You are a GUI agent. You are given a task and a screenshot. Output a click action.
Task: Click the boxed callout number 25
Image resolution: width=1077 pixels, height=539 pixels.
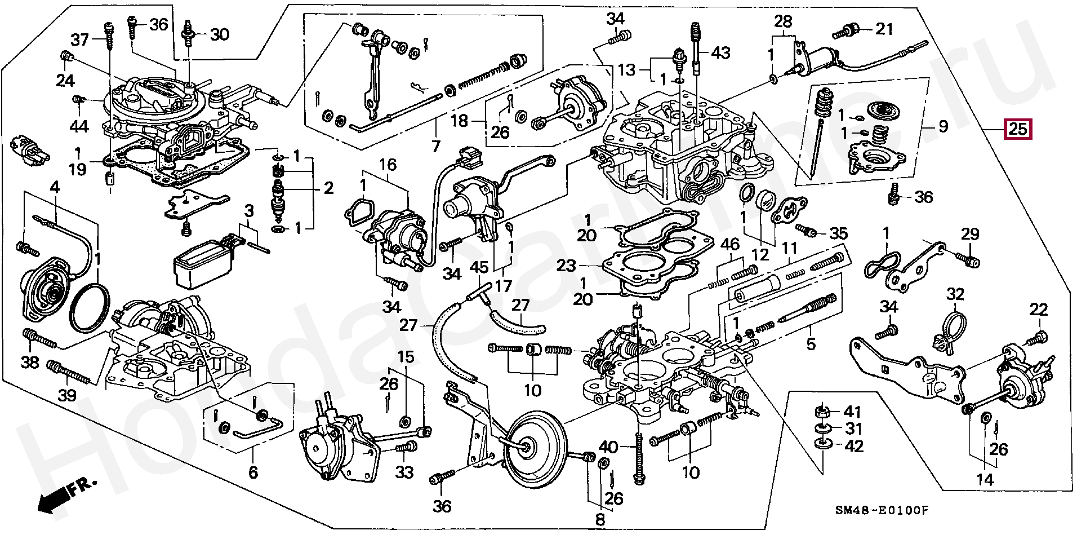click(x=1018, y=130)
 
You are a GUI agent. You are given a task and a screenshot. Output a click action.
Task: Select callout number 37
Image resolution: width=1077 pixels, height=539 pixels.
click(x=79, y=39)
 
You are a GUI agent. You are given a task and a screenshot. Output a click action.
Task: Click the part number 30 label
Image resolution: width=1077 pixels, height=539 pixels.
click(x=220, y=34)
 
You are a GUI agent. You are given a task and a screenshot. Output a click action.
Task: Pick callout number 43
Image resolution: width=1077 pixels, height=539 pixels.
click(x=720, y=53)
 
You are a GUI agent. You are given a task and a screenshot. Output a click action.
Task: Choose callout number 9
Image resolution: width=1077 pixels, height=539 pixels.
click(x=943, y=127)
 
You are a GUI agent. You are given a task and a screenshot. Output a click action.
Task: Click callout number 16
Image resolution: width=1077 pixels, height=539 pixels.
click(x=388, y=165)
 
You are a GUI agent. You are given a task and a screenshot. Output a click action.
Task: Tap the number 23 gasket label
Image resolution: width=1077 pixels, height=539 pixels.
click(x=568, y=266)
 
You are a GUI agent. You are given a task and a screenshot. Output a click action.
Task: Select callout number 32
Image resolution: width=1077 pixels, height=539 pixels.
click(x=955, y=294)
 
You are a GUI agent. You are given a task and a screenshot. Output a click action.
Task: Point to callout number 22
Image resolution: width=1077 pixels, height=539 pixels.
click(x=1039, y=309)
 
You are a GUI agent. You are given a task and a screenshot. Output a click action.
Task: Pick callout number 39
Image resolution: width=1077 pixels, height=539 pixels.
click(x=67, y=395)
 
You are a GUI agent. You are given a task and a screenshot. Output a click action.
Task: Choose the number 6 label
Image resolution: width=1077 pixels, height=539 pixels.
click(x=253, y=472)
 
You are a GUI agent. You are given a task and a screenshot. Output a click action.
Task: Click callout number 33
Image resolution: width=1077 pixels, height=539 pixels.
click(x=404, y=472)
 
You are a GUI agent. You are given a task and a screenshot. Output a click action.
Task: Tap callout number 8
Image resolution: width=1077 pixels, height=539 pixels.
click(x=600, y=519)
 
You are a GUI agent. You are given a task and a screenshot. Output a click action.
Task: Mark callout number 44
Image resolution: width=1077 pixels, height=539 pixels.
click(x=79, y=126)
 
